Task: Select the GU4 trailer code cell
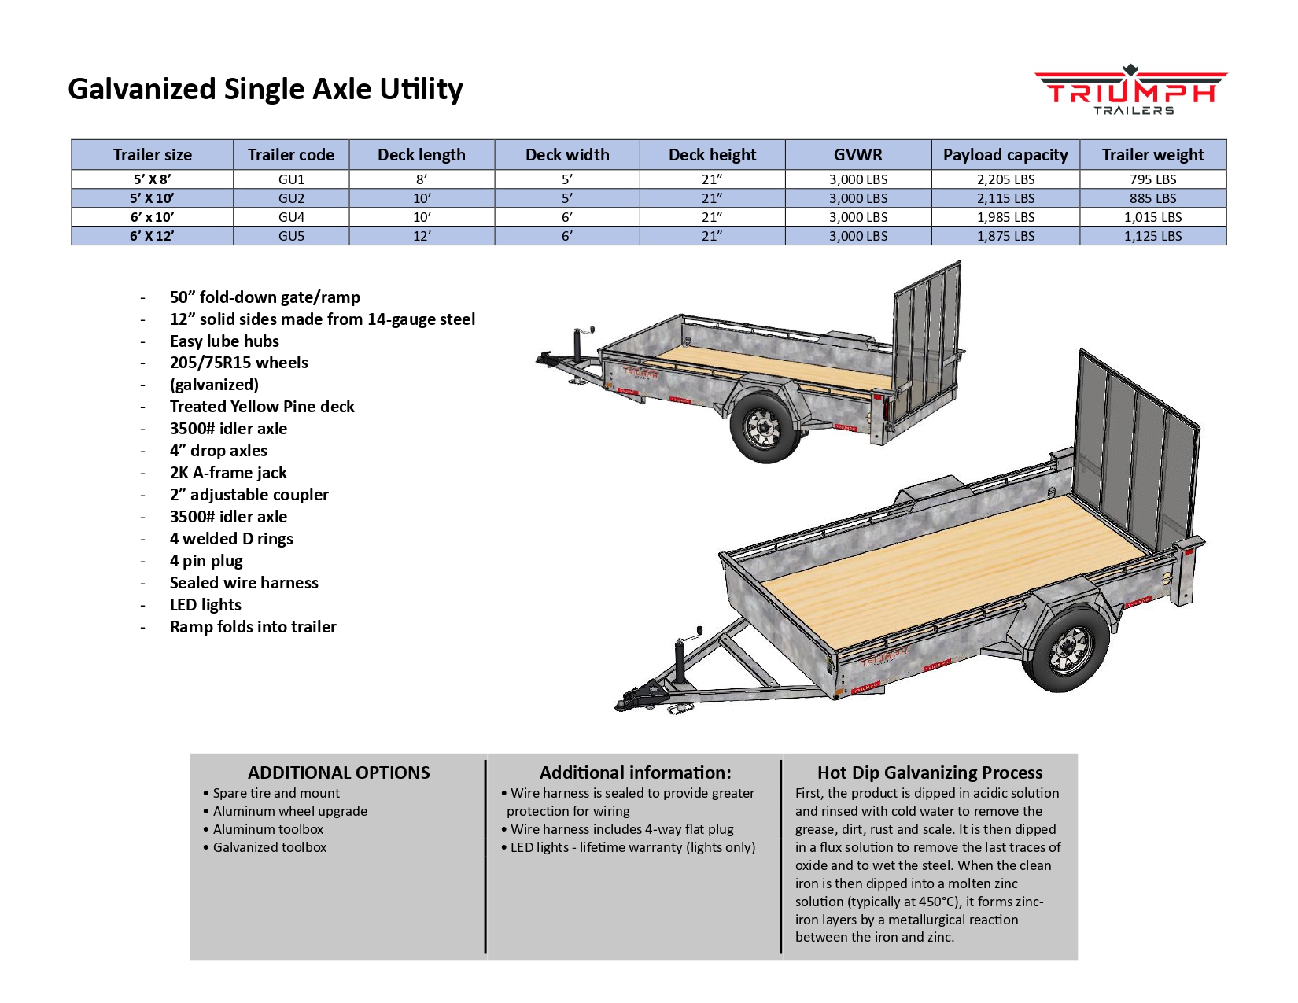click(x=291, y=217)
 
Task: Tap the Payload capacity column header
click(x=1005, y=155)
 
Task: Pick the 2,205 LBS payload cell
click(x=1005, y=179)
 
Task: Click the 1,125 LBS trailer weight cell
click(x=1152, y=236)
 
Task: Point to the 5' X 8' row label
click(x=153, y=179)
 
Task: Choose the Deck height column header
click(x=712, y=155)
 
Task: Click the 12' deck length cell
click(x=422, y=236)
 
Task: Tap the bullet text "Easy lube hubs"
click(x=224, y=341)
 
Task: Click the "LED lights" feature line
click(x=205, y=605)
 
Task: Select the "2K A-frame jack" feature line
click(x=228, y=473)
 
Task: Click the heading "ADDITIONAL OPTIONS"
click(x=339, y=773)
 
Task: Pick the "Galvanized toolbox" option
click(x=269, y=847)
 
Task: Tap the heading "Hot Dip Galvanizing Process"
click(x=930, y=773)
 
